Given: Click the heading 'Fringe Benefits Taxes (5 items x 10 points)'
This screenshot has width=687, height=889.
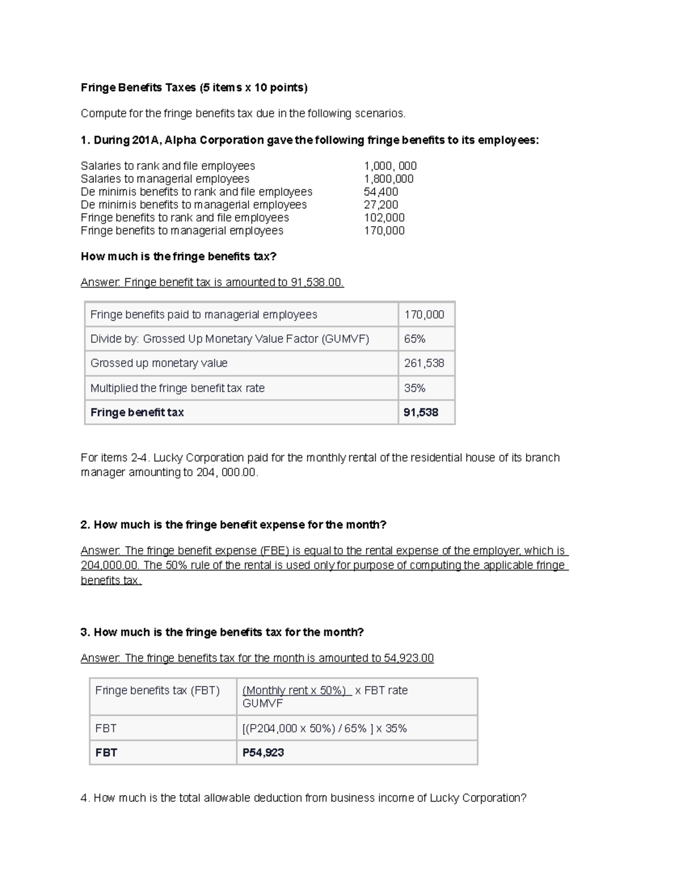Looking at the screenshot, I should pos(194,88).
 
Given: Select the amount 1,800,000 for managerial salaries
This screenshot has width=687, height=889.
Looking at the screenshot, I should pos(388,179).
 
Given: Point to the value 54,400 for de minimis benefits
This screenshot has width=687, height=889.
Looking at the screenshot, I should pos(381,192).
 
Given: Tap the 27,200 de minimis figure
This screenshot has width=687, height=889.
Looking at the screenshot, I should pos(381,204).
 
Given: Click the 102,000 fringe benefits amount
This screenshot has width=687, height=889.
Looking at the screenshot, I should pos(384,218).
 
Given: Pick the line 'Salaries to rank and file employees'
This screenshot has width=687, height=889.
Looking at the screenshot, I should pos(168,166).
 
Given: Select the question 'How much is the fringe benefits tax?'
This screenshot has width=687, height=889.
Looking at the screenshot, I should pos(178,256).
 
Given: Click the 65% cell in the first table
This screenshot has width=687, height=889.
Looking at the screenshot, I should pos(414,339).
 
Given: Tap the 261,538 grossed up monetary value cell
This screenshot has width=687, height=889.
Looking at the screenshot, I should pos(424,363).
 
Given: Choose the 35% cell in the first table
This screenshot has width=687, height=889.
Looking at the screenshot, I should pos(414,388).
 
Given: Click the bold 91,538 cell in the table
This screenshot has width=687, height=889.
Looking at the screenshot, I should pos(421,412).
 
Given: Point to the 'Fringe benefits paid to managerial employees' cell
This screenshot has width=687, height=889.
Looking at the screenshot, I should pos(203,314).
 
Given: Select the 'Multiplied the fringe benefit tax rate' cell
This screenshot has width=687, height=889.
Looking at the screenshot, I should pos(177,388).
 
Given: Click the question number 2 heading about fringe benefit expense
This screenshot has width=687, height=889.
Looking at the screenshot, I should pos(234,525).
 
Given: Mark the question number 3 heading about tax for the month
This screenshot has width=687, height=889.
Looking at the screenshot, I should pos(222,632).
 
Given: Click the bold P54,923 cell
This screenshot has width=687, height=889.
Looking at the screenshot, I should pos(263,753).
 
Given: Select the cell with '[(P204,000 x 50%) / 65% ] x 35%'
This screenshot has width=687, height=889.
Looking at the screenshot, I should pos(325,728).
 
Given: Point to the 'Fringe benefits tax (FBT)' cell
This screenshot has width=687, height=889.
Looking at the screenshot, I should pos(157,690).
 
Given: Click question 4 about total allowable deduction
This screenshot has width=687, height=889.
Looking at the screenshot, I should pos(303,798).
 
